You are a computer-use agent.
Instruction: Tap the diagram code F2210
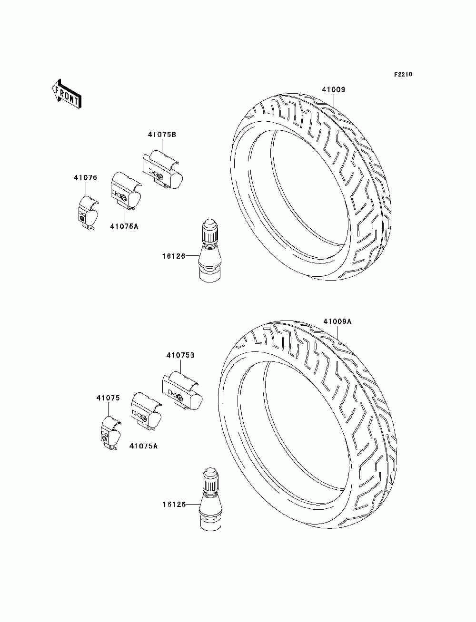(x=402, y=75)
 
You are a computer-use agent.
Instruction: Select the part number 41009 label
(x=333, y=89)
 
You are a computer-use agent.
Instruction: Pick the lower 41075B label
(x=180, y=355)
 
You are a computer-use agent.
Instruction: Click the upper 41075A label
(x=124, y=226)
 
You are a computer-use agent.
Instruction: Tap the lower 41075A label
(x=143, y=446)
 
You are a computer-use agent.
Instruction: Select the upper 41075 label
(x=85, y=178)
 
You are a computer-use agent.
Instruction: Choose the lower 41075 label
(x=108, y=398)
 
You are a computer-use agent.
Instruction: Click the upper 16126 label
(x=173, y=256)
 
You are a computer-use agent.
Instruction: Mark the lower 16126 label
(x=173, y=505)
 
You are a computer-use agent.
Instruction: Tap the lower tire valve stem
(x=209, y=499)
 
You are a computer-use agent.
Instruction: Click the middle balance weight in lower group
(x=146, y=411)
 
